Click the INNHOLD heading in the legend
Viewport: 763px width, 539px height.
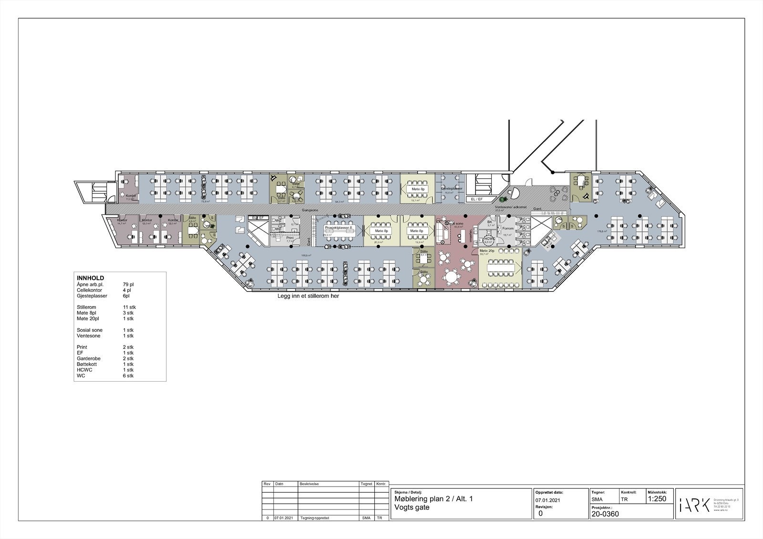[x=91, y=278]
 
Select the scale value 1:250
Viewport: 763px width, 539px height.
[x=657, y=499]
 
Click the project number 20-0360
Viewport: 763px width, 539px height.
[x=605, y=514]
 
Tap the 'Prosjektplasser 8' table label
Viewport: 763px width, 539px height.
[x=339, y=228]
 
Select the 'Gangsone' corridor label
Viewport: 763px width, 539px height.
[x=310, y=210]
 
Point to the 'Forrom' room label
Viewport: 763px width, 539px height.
[x=508, y=228]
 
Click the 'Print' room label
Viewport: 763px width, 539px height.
[x=290, y=237]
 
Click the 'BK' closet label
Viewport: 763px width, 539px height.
[x=489, y=222]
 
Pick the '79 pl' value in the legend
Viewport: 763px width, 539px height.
[x=128, y=285]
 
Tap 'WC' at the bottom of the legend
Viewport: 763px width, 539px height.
[x=80, y=376]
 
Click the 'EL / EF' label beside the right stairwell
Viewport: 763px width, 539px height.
[x=477, y=199]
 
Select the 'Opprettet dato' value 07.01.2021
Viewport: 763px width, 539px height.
[x=548, y=500]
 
